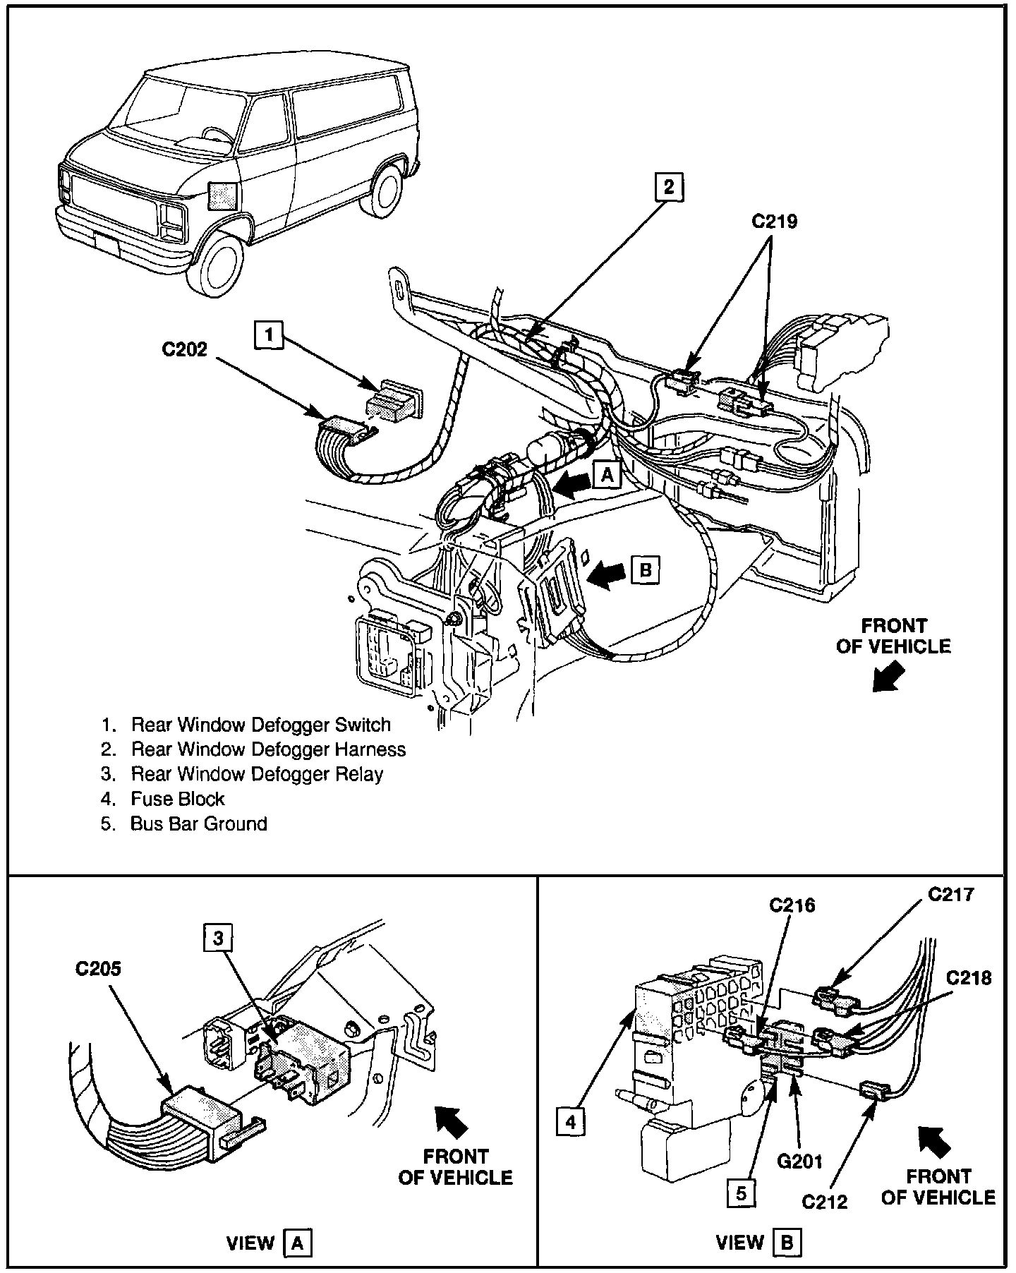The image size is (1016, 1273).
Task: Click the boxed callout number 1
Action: coord(269,334)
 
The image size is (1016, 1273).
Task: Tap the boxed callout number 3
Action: coord(218,938)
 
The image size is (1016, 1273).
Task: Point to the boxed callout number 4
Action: coord(571,1121)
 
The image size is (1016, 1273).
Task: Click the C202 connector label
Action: coord(185,349)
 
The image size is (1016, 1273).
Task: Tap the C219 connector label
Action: coord(774,222)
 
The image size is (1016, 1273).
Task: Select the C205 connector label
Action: coord(98,969)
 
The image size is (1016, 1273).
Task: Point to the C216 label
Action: coord(792,905)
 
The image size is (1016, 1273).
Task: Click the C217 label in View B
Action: coord(950,895)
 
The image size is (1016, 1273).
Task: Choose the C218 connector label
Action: coord(968,978)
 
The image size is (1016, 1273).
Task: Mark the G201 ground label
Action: coord(799,1160)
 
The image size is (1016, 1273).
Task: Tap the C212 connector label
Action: coord(825,1200)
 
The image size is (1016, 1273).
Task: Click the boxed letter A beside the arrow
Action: coord(607,476)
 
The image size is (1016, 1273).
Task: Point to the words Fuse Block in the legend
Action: coord(177,799)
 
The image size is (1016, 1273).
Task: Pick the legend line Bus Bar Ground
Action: coord(198,823)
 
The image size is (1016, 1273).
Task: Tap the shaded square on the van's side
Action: coord(222,195)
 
